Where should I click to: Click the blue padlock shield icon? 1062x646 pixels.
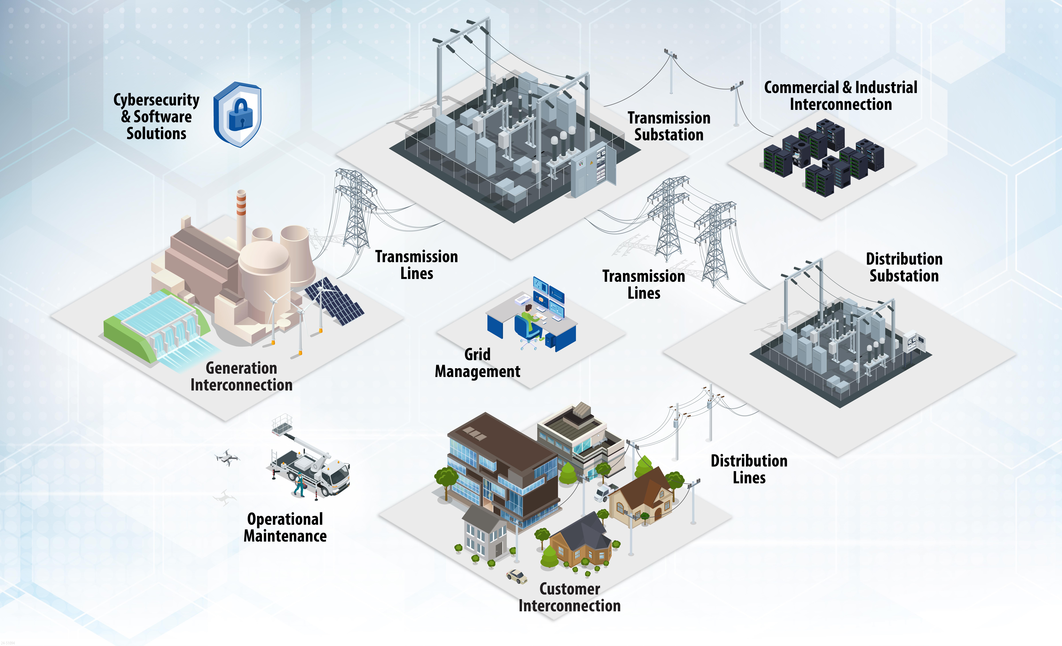237,114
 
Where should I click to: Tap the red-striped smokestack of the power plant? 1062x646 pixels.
241,220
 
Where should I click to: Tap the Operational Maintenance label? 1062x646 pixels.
285,528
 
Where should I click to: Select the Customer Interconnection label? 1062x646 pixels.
569,597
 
